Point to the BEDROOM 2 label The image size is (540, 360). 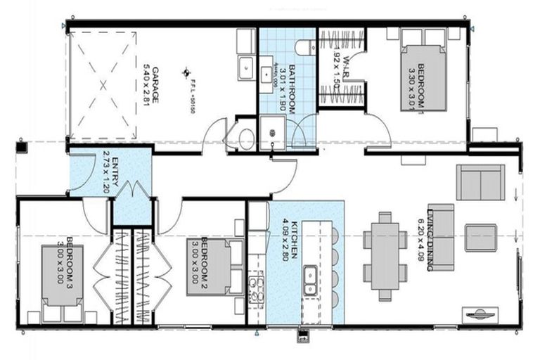coord(203,262)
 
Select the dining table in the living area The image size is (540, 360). coord(384,255)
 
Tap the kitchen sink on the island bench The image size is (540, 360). coord(309,281)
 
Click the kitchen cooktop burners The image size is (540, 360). coord(255,290)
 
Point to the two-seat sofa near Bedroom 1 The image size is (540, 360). coord(480,182)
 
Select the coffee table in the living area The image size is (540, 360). coord(481,238)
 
